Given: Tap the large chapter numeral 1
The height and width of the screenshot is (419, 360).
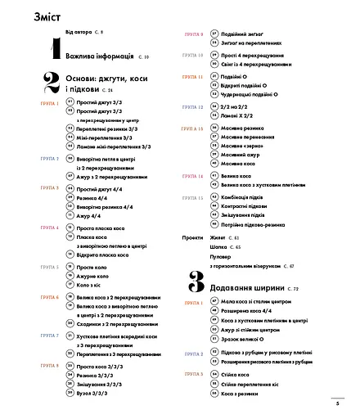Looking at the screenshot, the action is click(54, 50).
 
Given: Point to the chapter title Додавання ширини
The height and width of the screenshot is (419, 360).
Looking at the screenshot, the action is click(247, 289).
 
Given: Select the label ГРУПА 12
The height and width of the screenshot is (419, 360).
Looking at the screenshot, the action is click(193, 106).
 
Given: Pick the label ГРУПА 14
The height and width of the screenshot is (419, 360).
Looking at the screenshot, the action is click(193, 176).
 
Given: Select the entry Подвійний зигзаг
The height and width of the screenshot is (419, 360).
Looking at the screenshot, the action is click(246, 35).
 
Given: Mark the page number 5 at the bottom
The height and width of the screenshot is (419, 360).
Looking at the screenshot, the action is click(337, 403).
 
